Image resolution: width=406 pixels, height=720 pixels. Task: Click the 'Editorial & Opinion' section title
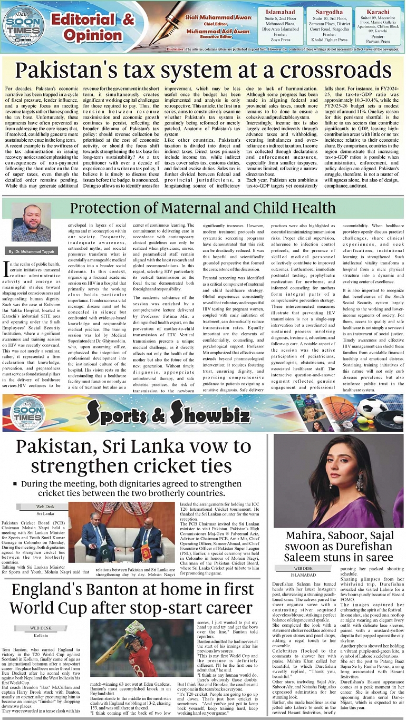click(93, 27)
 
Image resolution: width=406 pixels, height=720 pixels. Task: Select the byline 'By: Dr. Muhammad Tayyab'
click(32, 251)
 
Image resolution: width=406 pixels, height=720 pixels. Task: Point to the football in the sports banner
click(373, 407)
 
